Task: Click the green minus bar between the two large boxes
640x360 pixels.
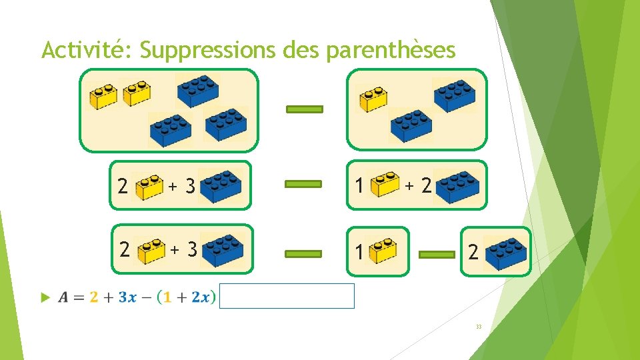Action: tap(305, 109)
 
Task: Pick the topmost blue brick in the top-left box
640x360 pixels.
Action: tap(197, 89)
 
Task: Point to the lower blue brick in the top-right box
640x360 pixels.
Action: tap(411, 126)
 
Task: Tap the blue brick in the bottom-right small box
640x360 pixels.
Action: tap(505, 252)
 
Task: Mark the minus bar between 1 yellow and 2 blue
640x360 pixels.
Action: tap(437, 253)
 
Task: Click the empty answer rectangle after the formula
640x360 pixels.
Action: tap(287, 296)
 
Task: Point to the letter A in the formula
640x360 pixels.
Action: tap(63, 297)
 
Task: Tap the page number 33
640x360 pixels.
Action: tap(479, 327)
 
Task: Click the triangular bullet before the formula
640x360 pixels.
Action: tap(45, 297)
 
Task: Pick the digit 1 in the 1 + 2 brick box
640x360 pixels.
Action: tap(359, 186)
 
